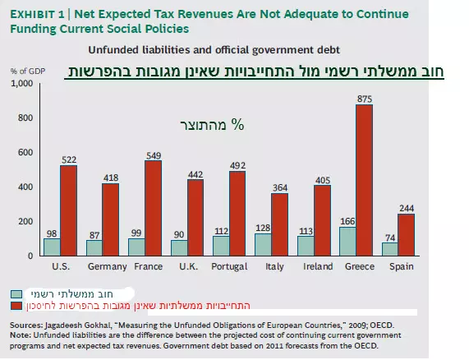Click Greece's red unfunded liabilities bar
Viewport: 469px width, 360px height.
[x=365, y=180]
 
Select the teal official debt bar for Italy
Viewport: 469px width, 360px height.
[x=263, y=245]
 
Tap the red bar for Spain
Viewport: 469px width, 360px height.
[x=407, y=235]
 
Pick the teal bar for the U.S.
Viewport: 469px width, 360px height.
[x=52, y=247]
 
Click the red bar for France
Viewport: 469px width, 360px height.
[x=153, y=208]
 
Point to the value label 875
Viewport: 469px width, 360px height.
[x=365, y=99]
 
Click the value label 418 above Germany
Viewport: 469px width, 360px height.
[x=111, y=178]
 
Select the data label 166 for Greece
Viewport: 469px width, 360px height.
[x=347, y=221]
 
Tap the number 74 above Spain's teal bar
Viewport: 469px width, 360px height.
[x=390, y=238]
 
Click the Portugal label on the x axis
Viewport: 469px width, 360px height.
[x=229, y=266]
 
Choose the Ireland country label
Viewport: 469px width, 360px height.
[x=318, y=266]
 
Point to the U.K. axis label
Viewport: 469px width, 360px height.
[x=188, y=266]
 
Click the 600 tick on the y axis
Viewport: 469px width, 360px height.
[x=25, y=152]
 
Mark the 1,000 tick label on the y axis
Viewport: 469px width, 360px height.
[x=22, y=83]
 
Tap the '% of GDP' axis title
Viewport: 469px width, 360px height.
[x=28, y=72]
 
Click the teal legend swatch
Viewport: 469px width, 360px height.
[x=16, y=294]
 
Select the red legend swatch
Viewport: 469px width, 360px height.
[x=16, y=306]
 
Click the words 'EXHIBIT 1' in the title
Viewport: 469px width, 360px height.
[x=38, y=14]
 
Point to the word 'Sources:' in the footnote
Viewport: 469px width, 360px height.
[x=26, y=325]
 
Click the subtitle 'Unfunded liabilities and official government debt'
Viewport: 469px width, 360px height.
[x=214, y=50]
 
